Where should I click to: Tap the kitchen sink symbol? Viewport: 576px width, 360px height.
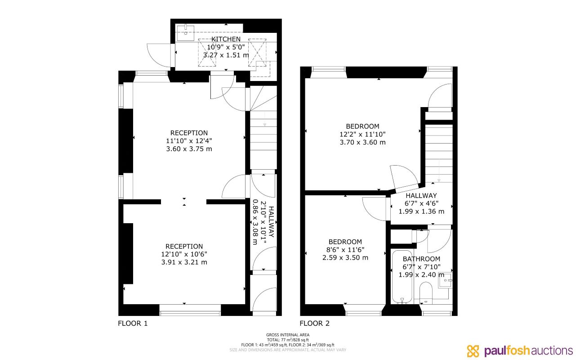[185, 31]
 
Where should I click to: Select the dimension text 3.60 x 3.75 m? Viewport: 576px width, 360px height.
[189, 148]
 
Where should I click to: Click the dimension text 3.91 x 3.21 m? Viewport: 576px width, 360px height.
[184, 262]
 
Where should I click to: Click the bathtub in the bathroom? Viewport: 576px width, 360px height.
[402, 276]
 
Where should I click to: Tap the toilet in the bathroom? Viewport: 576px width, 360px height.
[425, 293]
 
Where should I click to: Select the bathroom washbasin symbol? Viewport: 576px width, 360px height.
[445, 281]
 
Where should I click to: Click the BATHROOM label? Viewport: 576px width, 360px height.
[421, 259]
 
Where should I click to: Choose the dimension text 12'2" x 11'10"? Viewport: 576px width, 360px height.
[362, 134]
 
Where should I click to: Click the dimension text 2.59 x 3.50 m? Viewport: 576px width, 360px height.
[345, 257]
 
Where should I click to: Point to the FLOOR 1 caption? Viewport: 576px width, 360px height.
[133, 323]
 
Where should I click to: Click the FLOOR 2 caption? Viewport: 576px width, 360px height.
[315, 323]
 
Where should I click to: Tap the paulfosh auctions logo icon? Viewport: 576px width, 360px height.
[473, 351]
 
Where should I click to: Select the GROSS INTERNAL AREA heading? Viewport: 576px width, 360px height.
[287, 335]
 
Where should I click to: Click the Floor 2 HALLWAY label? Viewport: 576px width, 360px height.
[421, 196]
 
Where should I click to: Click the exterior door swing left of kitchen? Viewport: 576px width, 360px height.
[158, 54]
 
